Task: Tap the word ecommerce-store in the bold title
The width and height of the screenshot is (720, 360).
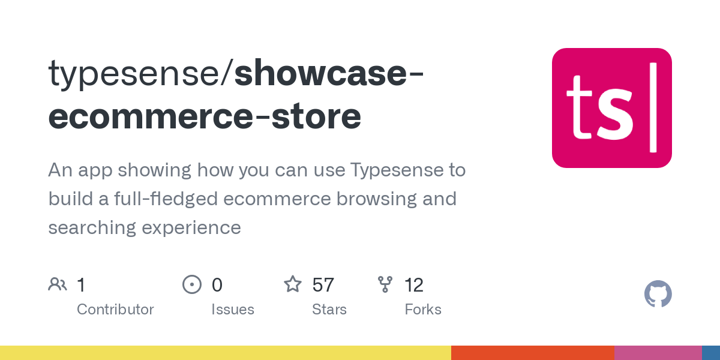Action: click(205, 117)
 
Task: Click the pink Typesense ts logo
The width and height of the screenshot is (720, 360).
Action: click(611, 108)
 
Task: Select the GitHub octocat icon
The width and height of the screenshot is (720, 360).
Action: click(658, 294)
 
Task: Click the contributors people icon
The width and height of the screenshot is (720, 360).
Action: click(58, 284)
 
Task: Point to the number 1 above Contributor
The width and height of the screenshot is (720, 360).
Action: click(81, 285)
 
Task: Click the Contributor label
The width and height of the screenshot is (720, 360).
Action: click(115, 310)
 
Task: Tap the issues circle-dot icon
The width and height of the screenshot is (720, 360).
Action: click(191, 284)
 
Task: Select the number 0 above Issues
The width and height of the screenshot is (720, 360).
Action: click(217, 285)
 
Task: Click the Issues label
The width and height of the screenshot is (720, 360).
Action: click(232, 310)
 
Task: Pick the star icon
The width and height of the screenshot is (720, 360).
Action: click(293, 284)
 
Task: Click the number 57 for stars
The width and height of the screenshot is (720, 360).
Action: click(323, 285)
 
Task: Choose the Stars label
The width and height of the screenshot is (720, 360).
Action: click(329, 310)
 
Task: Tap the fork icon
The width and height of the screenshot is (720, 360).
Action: click(385, 284)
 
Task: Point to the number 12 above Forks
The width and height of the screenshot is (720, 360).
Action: click(414, 285)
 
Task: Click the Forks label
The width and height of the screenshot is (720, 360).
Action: click(422, 310)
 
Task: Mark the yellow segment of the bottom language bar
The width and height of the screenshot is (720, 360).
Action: click(225, 353)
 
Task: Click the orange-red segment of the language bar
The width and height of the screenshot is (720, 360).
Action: click(532, 353)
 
